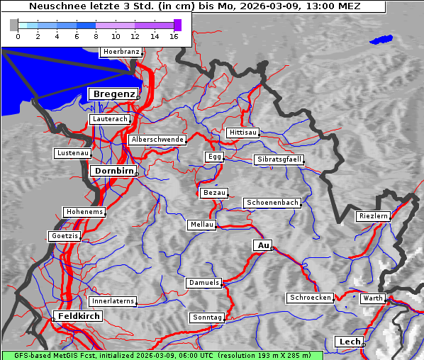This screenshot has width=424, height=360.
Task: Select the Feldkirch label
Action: pyautogui.click(x=78, y=316)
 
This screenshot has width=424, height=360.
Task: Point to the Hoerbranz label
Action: pyautogui.click(x=121, y=52)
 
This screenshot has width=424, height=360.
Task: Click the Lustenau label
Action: pyautogui.click(x=72, y=153)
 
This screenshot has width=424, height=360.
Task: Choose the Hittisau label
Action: pyautogui.click(x=243, y=133)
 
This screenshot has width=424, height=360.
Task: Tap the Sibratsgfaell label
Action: pyautogui.click(x=279, y=159)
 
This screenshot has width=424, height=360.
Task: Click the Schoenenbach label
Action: pyautogui.click(x=272, y=203)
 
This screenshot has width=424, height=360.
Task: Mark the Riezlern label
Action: pyautogui.click(x=373, y=216)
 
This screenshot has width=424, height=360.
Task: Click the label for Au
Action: pyautogui.click(x=262, y=245)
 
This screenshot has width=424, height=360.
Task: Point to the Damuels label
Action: pyautogui.click(x=204, y=283)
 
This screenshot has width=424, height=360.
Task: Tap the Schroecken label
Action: pyautogui.click(x=310, y=298)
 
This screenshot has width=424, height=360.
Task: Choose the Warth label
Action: pyautogui.click(x=372, y=298)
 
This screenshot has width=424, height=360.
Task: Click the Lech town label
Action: pyautogui.click(x=350, y=342)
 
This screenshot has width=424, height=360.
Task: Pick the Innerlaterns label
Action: pyautogui.click(x=113, y=301)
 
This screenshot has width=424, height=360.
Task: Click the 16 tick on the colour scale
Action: pyautogui.click(x=173, y=36)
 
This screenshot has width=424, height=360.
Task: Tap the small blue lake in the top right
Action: pyautogui.click(x=381, y=40)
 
